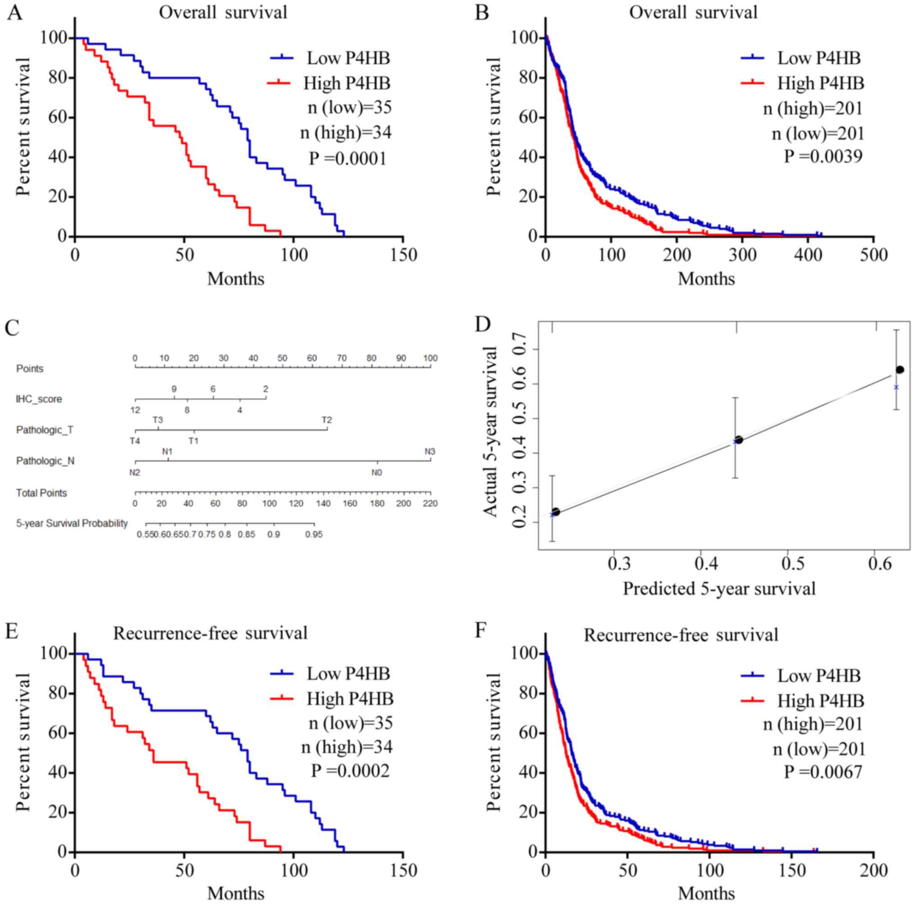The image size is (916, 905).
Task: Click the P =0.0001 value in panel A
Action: pos(348,158)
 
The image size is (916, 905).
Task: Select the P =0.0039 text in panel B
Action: pos(823,156)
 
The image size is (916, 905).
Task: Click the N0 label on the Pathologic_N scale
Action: pos(377,472)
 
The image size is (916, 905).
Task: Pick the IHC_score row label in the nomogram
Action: pos(39,399)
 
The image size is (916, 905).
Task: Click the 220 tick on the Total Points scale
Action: pos(430,503)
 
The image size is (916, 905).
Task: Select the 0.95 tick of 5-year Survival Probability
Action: pos(314,535)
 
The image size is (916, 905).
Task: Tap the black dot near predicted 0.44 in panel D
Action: pos(739,440)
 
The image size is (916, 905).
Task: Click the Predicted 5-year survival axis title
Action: pos(719,589)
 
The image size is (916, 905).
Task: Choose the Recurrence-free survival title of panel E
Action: pos(210,634)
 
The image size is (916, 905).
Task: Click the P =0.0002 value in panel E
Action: pos(350,771)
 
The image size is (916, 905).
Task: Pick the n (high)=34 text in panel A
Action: pos(346,133)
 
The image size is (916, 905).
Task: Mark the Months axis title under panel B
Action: pos(706,279)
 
